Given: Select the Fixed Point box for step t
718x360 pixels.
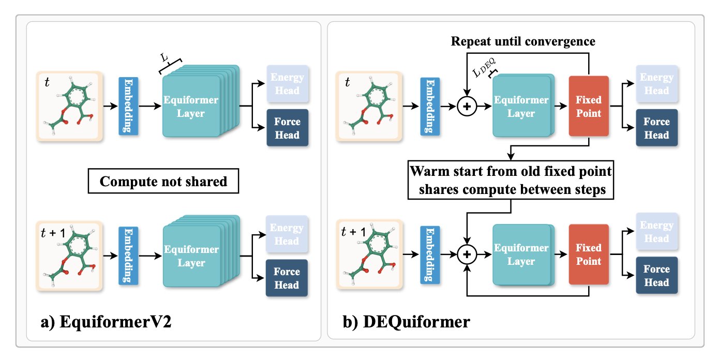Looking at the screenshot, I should tap(589, 106).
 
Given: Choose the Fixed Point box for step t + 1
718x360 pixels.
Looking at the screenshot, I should tap(589, 254).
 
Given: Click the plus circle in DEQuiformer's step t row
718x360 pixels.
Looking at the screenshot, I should tap(468, 107).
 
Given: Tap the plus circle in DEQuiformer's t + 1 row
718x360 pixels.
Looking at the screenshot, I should tap(468, 254).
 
